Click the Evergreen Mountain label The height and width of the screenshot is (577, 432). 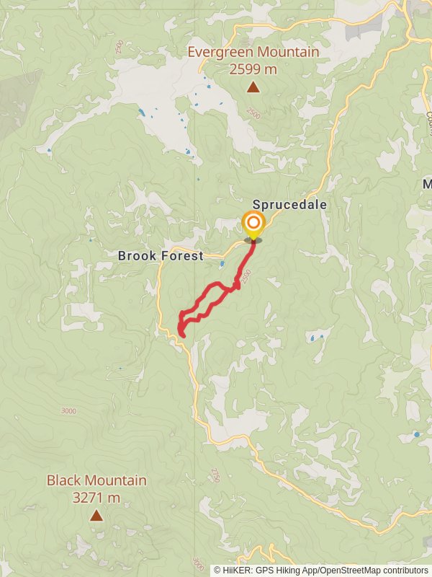pyautogui.click(x=253, y=52)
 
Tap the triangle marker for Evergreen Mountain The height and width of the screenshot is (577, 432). pyautogui.click(x=253, y=87)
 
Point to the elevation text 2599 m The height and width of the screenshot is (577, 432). pyautogui.click(x=253, y=69)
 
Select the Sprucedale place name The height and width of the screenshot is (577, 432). pyautogui.click(x=289, y=205)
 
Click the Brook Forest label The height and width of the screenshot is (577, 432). pyautogui.click(x=161, y=255)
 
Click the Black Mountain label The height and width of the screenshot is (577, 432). pyautogui.click(x=96, y=480)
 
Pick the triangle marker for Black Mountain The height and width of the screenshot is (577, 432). pyautogui.click(x=96, y=515)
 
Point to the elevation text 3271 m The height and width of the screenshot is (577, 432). pyautogui.click(x=96, y=497)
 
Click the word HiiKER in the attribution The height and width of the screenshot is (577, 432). pyautogui.click(x=235, y=571)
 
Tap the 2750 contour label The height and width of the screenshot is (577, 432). pyautogui.click(x=215, y=475)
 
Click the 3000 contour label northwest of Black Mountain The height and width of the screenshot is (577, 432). pyautogui.click(x=68, y=411)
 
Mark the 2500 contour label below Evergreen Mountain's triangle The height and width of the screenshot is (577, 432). pyautogui.click(x=252, y=114)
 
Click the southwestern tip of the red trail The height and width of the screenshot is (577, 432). pyautogui.click(x=182, y=335)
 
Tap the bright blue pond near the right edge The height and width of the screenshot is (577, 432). pyautogui.click(x=416, y=434)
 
